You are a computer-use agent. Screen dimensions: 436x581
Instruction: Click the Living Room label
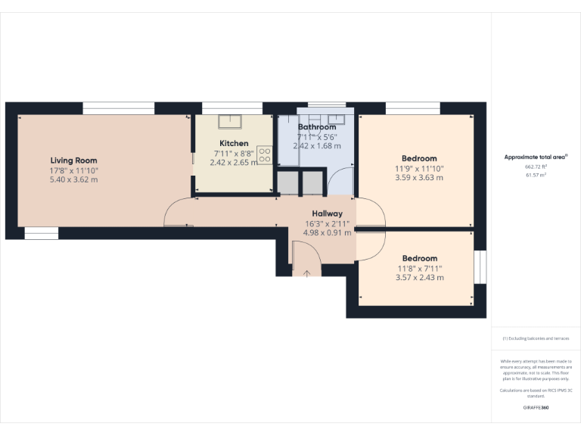click(x=73, y=160)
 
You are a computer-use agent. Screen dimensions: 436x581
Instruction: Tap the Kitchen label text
click(x=234, y=143)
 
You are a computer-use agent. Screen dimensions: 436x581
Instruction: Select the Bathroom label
click(x=316, y=127)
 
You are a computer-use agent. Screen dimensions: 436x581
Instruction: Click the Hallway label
click(x=327, y=213)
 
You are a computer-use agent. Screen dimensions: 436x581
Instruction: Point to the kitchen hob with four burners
click(x=265, y=155)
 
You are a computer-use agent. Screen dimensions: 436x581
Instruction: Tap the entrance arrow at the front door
click(x=306, y=272)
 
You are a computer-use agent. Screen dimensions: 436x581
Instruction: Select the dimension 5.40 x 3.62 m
click(x=73, y=179)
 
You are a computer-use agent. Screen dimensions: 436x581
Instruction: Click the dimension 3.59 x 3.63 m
click(x=418, y=178)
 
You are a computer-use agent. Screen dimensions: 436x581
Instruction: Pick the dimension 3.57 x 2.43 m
click(x=419, y=278)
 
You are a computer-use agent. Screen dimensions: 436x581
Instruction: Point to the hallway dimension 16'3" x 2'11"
click(x=327, y=223)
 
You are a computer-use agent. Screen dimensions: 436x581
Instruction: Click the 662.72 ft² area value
click(x=536, y=167)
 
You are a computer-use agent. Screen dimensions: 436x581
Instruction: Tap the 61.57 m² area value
click(x=536, y=175)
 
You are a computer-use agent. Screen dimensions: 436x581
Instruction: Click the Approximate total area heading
click(x=536, y=157)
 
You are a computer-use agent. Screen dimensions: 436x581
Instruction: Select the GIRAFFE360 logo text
click(x=536, y=408)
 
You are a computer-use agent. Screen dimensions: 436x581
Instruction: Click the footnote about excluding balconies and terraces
click(x=536, y=338)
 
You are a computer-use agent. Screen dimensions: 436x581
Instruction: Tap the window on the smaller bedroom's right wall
click(x=480, y=267)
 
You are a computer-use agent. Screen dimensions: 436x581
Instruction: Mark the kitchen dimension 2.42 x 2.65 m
click(x=234, y=162)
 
